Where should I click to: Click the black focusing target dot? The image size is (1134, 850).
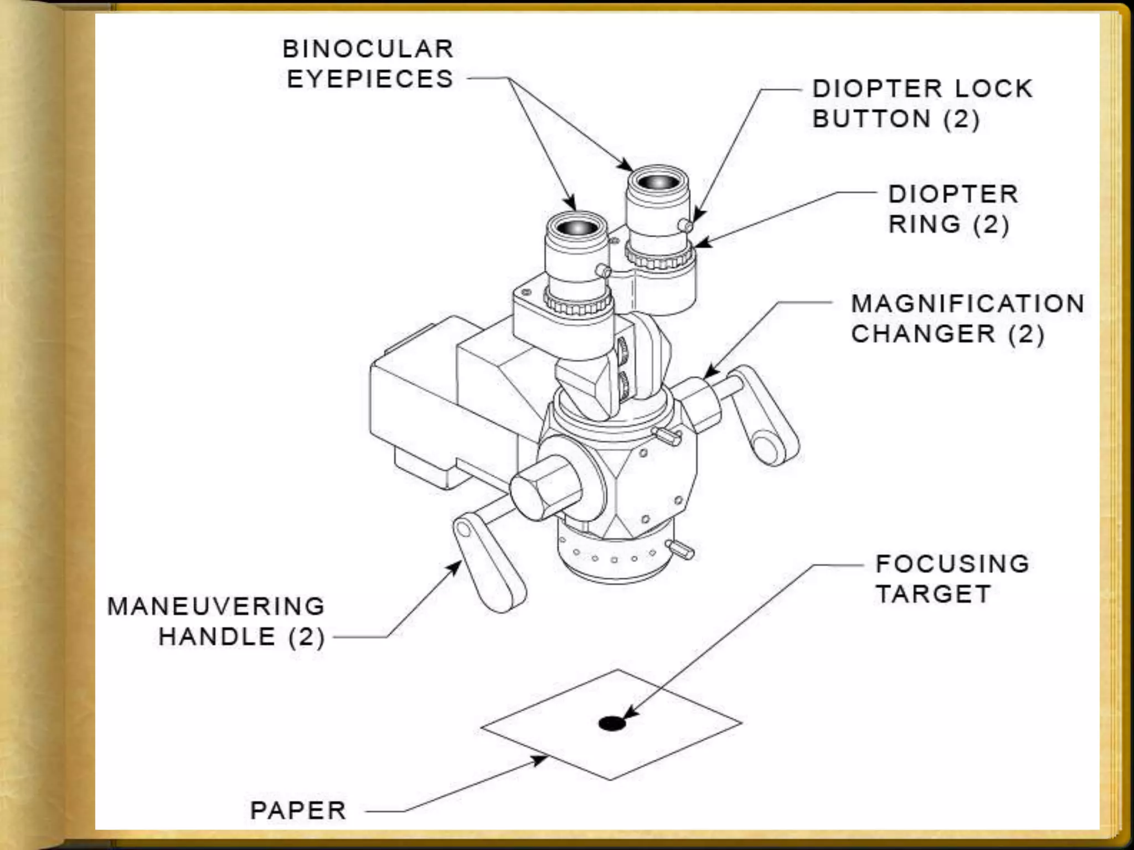[x=612, y=723]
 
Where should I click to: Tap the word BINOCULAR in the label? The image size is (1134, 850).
[x=368, y=49]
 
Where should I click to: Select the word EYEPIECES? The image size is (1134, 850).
[x=370, y=79]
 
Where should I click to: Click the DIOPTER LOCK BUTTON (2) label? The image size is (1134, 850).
[x=922, y=104]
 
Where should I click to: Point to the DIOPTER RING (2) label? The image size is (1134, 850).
[x=953, y=209]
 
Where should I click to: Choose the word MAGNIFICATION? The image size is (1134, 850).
[x=967, y=304]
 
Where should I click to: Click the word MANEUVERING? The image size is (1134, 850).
[x=216, y=607]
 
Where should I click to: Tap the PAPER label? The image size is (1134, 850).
[x=298, y=811]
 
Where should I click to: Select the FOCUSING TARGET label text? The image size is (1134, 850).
[x=952, y=579]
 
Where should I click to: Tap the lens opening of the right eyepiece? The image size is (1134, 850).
[x=658, y=182]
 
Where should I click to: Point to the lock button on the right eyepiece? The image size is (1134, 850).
[x=685, y=225]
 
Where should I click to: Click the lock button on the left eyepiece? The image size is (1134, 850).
[x=604, y=271]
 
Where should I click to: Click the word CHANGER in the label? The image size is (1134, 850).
[x=923, y=334]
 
